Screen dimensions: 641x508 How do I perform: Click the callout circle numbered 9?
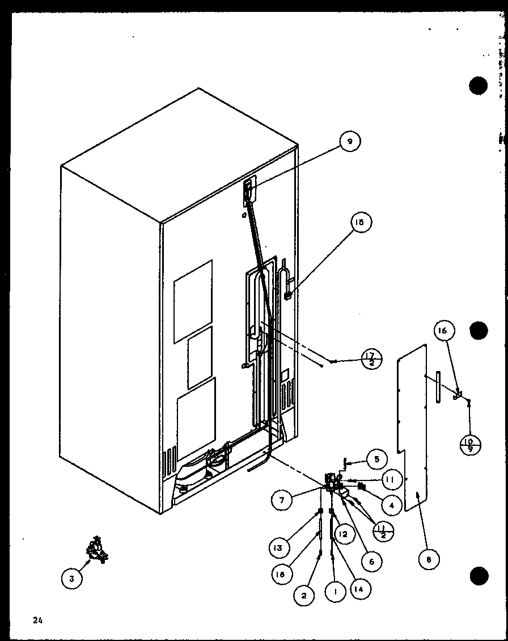(x=350, y=142)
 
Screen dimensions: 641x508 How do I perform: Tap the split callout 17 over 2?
(x=372, y=360)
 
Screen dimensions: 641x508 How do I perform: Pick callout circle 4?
(x=392, y=503)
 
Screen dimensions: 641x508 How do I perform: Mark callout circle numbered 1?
(x=335, y=592)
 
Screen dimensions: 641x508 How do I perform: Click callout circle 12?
(x=343, y=533)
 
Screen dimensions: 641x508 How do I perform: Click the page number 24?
(x=38, y=621)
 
